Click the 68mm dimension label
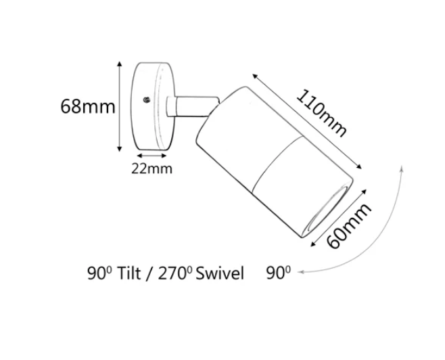(88, 107)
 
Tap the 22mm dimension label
(152, 168)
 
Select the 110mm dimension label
(322, 113)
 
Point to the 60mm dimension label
(348, 226)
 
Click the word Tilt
(128, 273)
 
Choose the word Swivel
(220, 273)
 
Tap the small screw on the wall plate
(147, 100)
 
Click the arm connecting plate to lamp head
(193, 106)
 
